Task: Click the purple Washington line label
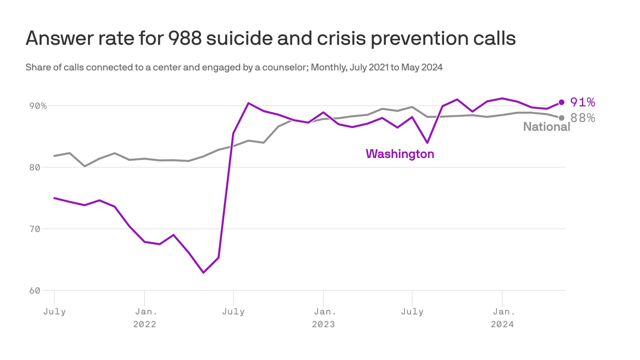(400, 154)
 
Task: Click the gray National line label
(546, 127)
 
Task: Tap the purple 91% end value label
(582, 102)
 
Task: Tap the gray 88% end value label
(582, 118)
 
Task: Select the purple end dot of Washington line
(561, 102)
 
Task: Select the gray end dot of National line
(561, 118)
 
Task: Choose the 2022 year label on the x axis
(144, 324)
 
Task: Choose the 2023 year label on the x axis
(323, 324)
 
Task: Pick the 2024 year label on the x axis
(502, 324)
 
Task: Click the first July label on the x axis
(54, 312)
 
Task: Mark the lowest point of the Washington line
(203, 272)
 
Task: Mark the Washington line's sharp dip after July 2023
(427, 142)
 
